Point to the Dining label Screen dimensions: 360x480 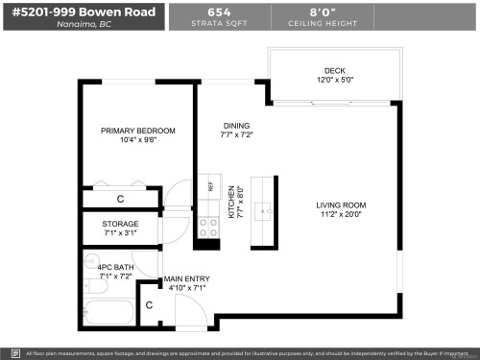(236, 126)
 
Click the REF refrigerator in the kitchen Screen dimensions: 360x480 (210, 187)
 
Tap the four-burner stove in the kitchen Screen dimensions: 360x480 (207, 228)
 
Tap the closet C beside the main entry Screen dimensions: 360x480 (149, 305)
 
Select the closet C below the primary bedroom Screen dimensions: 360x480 (120, 199)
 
